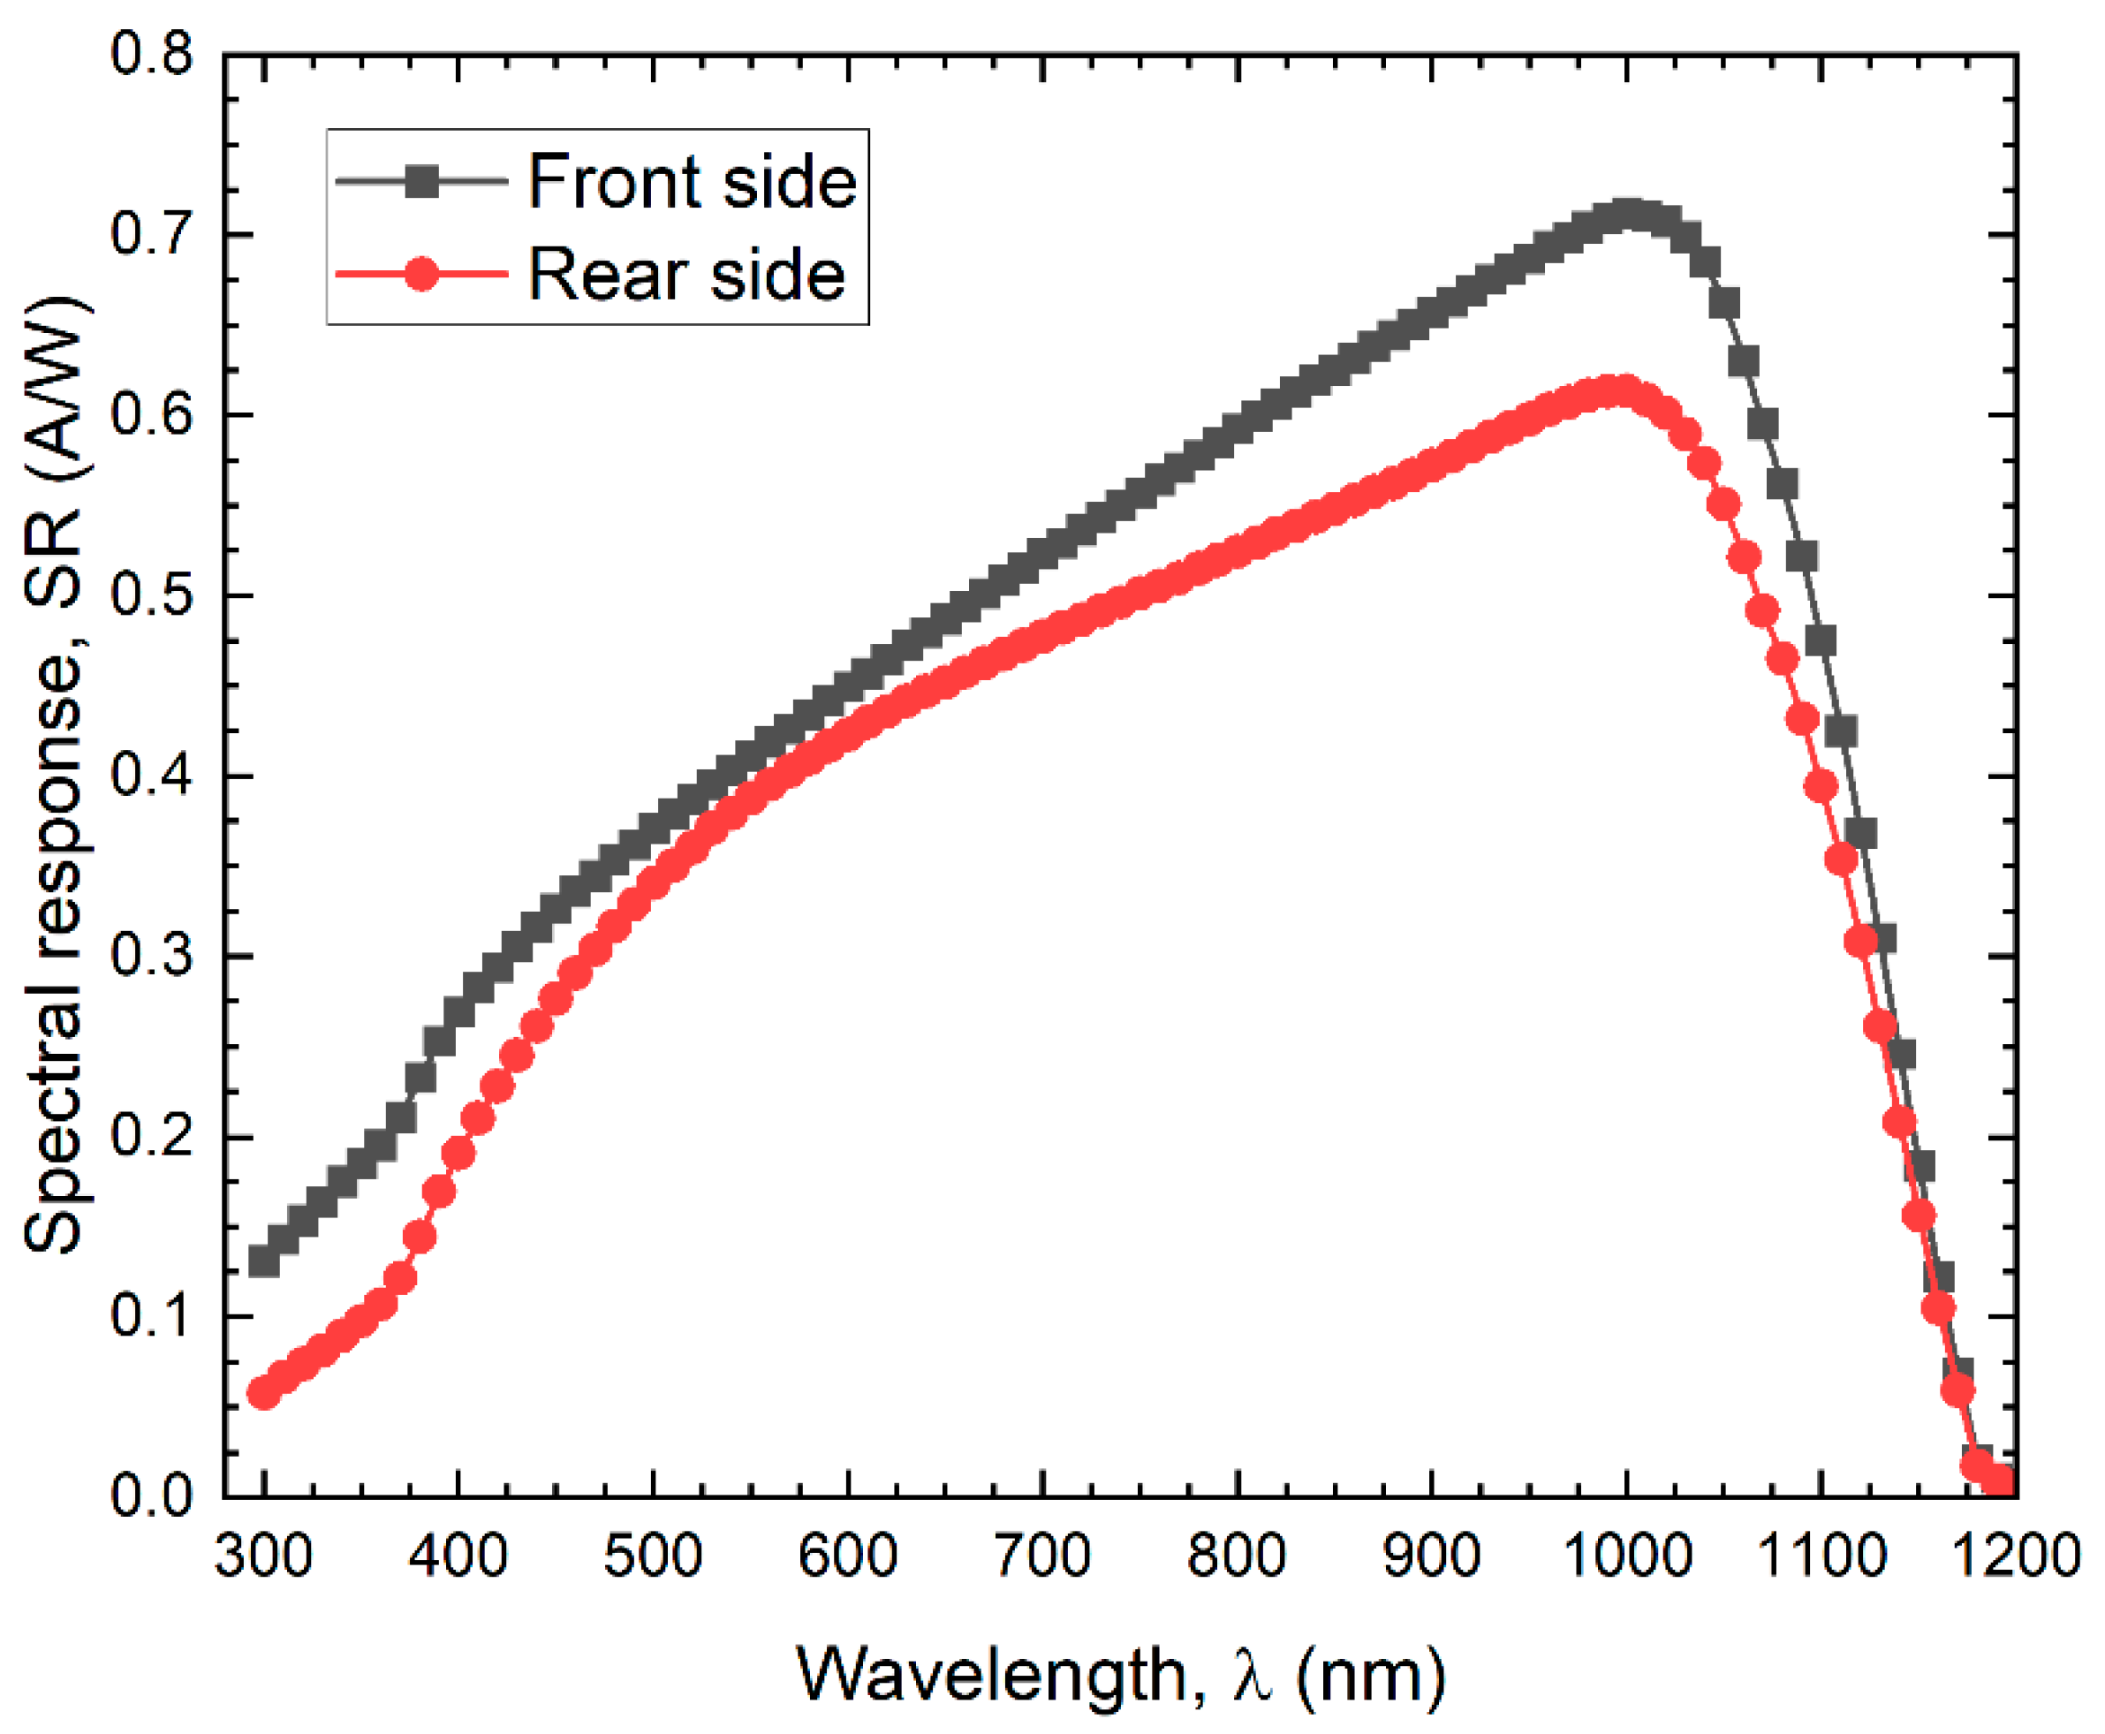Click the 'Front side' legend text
coord(691,183)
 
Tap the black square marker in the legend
coord(421,182)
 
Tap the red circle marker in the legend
coord(421,274)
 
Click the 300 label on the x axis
coord(262,1556)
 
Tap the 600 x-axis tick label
coord(848,1556)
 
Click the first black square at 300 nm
coord(263,1261)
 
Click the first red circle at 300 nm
coord(263,1392)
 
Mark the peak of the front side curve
coord(1627,214)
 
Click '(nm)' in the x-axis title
coord(1370,1675)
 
